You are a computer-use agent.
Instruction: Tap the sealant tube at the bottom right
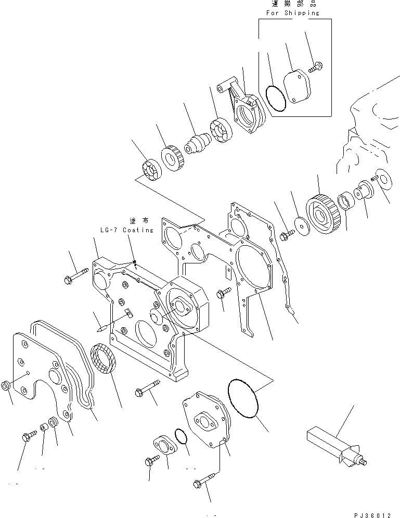click(336, 444)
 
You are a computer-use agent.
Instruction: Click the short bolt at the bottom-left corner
click(29, 435)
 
